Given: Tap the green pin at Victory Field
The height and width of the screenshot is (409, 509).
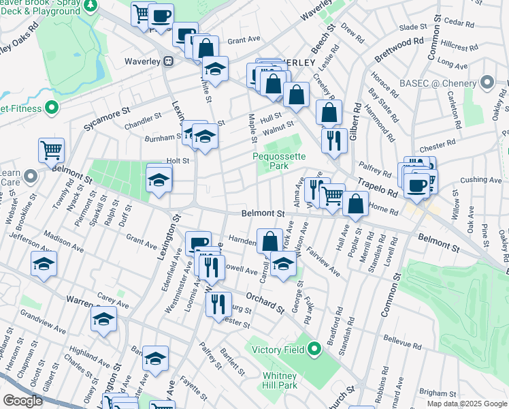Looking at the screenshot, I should [x=314, y=350].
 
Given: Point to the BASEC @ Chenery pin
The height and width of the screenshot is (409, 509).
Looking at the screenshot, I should [x=487, y=83].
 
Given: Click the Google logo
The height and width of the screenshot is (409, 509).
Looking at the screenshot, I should [x=22, y=400].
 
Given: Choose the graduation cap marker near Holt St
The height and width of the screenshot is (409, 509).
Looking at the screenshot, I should [x=159, y=180].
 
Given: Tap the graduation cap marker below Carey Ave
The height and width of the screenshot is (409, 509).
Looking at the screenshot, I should [x=103, y=319].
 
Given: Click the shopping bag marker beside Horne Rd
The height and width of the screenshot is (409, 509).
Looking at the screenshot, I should [x=355, y=202].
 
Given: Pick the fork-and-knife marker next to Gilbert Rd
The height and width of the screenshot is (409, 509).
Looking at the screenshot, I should [x=334, y=140].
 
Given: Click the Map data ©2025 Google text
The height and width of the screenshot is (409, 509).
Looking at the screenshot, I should [x=466, y=404].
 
